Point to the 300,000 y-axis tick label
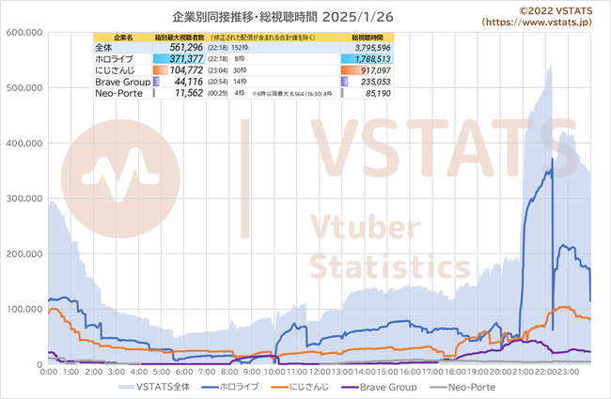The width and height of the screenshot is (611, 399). (x=24, y=198)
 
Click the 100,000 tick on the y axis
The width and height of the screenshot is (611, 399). (x=24, y=309)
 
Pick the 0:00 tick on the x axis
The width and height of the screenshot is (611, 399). (x=50, y=372)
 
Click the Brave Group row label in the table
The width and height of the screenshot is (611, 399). (x=120, y=82)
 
